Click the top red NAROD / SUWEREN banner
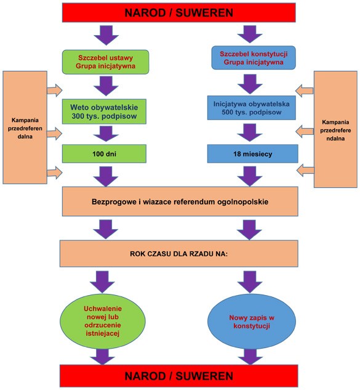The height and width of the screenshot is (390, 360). pyautogui.click(x=178, y=13)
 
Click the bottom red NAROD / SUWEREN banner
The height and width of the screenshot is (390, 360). pyautogui.click(x=178, y=376)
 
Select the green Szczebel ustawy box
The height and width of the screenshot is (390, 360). pyautogui.click(x=105, y=62)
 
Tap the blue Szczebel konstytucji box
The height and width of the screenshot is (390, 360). pyautogui.click(x=254, y=58)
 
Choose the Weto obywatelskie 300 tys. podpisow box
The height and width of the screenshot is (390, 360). pyautogui.click(x=104, y=112)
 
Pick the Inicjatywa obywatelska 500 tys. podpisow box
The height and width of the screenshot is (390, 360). pyautogui.click(x=252, y=108)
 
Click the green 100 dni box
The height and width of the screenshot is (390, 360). pyautogui.click(x=104, y=153)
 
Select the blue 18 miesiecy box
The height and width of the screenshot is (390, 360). pyautogui.click(x=253, y=153)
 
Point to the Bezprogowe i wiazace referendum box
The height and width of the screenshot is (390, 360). pyautogui.click(x=180, y=201)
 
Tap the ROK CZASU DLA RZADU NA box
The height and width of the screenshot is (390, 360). pyautogui.click(x=178, y=254)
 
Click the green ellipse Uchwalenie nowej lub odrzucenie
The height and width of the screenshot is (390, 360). pyautogui.click(x=103, y=321)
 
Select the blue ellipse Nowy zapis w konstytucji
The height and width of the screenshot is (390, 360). pyautogui.click(x=252, y=321)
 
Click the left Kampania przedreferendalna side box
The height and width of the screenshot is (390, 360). pyautogui.click(x=25, y=128)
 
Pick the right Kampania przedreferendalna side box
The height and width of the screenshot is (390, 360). pyautogui.click(x=335, y=129)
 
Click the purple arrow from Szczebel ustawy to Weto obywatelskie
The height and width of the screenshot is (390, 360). pyautogui.click(x=106, y=86)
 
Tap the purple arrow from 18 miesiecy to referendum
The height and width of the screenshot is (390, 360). pyautogui.click(x=250, y=176)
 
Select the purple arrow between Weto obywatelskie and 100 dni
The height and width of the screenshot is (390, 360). pyautogui.click(x=106, y=134)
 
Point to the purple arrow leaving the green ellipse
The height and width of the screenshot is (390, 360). pyautogui.click(x=102, y=357)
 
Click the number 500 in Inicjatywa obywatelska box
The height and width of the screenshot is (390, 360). pyautogui.click(x=227, y=112)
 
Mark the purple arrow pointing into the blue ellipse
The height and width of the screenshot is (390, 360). pyautogui.click(x=250, y=282)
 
